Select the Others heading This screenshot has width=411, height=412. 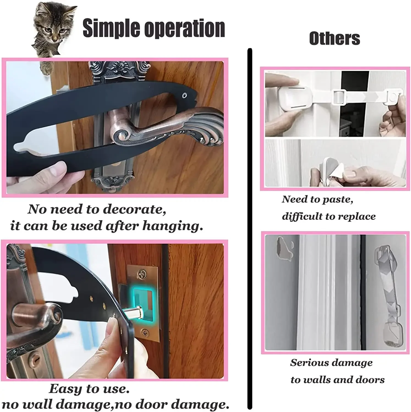tap(335, 38)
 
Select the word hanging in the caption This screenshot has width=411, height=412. tap(173, 226)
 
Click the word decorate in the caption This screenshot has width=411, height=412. tap(135, 210)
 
